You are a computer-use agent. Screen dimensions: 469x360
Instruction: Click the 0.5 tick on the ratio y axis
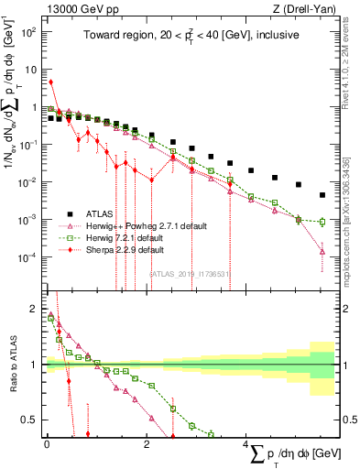click(x=33, y=420)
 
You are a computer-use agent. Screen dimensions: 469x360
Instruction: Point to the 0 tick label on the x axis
click(x=47, y=444)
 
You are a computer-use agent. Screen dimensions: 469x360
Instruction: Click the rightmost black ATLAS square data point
click(x=322, y=195)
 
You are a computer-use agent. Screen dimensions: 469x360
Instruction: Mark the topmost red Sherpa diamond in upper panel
click(x=50, y=82)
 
